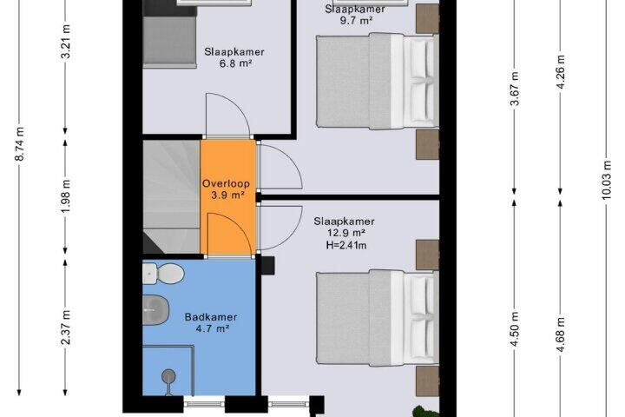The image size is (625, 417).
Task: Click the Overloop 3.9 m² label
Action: click(x=226, y=189)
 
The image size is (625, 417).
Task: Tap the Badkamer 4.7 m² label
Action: click(x=211, y=323)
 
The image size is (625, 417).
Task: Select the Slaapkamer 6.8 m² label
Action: click(x=234, y=57)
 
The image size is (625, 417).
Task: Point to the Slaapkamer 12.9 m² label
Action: click(x=344, y=227)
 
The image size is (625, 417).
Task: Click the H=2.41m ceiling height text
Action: click(x=346, y=245)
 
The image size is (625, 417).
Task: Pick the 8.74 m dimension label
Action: click(x=19, y=144)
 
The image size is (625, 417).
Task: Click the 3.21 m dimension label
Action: click(x=66, y=42)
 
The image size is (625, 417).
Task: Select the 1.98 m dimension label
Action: click(x=66, y=196)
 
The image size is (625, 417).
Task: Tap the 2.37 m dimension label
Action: click(x=66, y=327)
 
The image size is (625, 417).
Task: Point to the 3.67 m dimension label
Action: click(x=515, y=89)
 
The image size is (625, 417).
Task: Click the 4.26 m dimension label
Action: click(x=561, y=72)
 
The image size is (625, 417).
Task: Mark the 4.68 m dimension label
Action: click(x=561, y=334)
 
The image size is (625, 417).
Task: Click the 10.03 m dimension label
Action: click(x=607, y=180)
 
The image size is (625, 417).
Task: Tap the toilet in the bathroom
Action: click(x=163, y=274)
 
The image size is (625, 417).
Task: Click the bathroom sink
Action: click(x=156, y=310)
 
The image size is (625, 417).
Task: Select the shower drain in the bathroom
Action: click(x=168, y=376)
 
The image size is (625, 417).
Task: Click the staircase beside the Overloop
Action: click(x=171, y=196)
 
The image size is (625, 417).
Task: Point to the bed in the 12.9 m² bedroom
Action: click(x=377, y=317)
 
